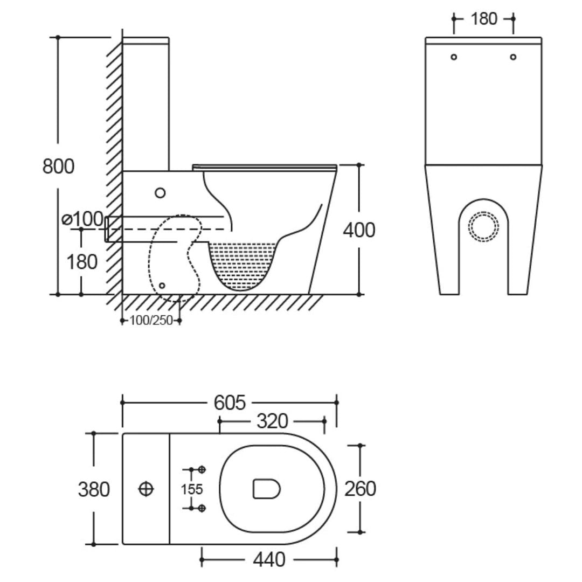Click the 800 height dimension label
pyautogui.click(x=58, y=166)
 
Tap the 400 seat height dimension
pyautogui.click(x=359, y=230)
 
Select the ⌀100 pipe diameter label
pyautogui.click(x=82, y=219)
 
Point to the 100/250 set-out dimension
pyautogui.click(x=151, y=320)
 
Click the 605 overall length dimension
pyautogui.click(x=230, y=403)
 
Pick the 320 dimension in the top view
pyautogui.click(x=273, y=421)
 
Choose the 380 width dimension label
pyautogui.click(x=94, y=489)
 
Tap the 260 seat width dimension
pyautogui.click(x=360, y=488)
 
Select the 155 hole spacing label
pyautogui.click(x=192, y=489)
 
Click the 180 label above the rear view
pyautogui.click(x=483, y=19)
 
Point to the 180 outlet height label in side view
pyautogui.click(x=82, y=262)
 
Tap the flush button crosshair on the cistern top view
pyautogui.click(x=146, y=489)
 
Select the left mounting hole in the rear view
pyautogui.click(x=454, y=57)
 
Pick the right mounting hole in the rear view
pyautogui.click(x=513, y=57)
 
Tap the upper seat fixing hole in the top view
pyautogui.click(x=202, y=469)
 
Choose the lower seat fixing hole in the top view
pyautogui.click(x=202, y=508)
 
